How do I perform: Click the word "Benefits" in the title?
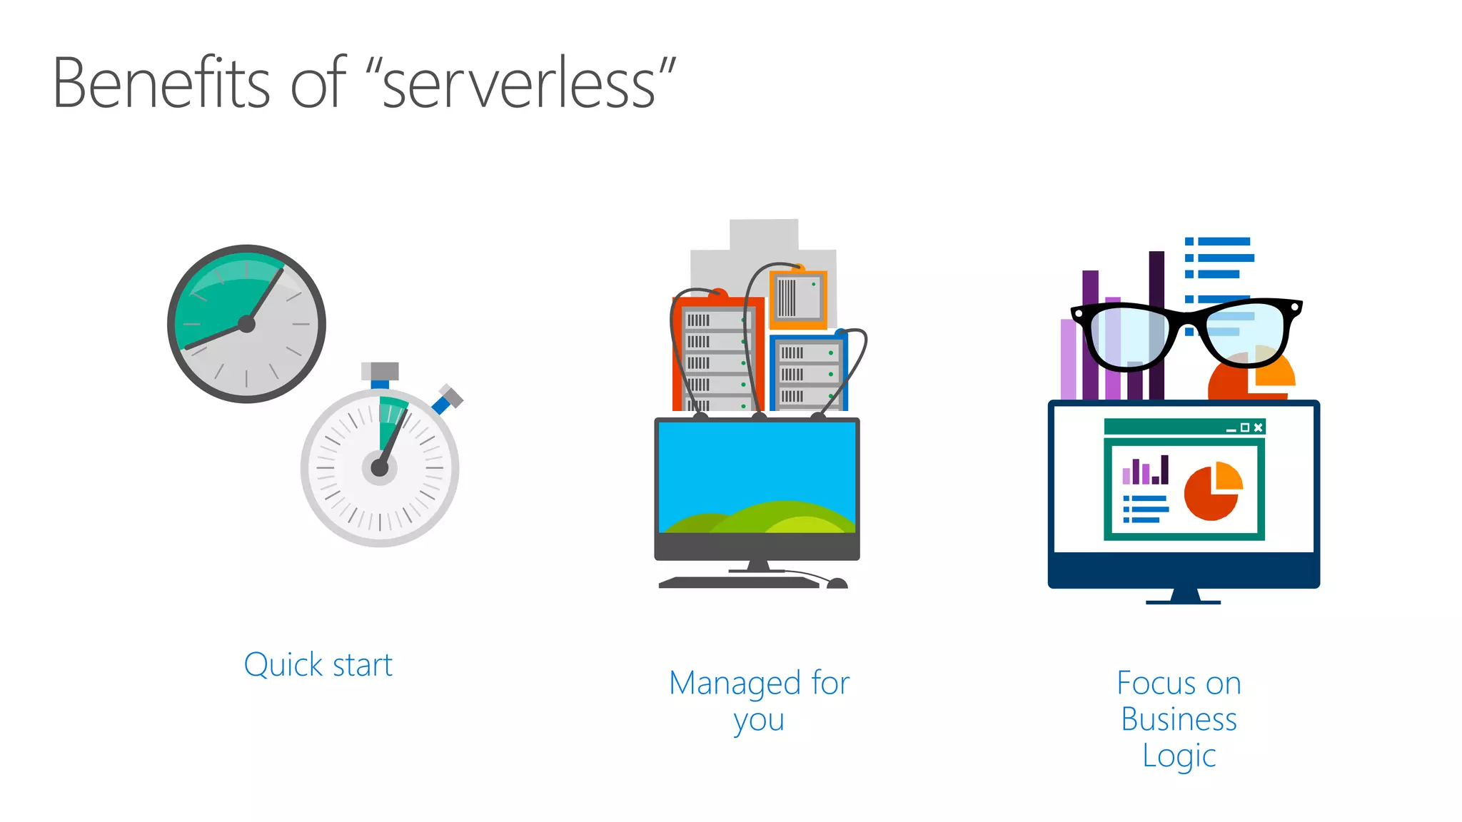pyautogui.click(x=161, y=83)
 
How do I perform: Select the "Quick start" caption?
pyautogui.click(x=318, y=665)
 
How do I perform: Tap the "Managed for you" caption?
pyautogui.click(x=759, y=701)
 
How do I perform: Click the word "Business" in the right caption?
pyautogui.click(x=1179, y=719)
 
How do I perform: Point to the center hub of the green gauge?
pyautogui.click(x=247, y=324)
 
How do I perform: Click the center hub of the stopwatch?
pyautogui.click(x=380, y=468)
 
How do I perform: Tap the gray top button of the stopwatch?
pyautogui.click(x=380, y=372)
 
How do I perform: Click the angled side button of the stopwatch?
pyautogui.click(x=448, y=399)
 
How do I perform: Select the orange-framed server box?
pyautogui.click(x=798, y=299)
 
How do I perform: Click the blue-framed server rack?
pyautogui.click(x=808, y=373)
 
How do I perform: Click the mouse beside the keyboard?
pyautogui.click(x=837, y=584)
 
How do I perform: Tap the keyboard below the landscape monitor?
pyautogui.click(x=739, y=582)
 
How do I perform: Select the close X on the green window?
pyautogui.click(x=1258, y=427)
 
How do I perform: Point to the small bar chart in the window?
pyautogui.click(x=1146, y=471)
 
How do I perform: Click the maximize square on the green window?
pyautogui.click(x=1245, y=427)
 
